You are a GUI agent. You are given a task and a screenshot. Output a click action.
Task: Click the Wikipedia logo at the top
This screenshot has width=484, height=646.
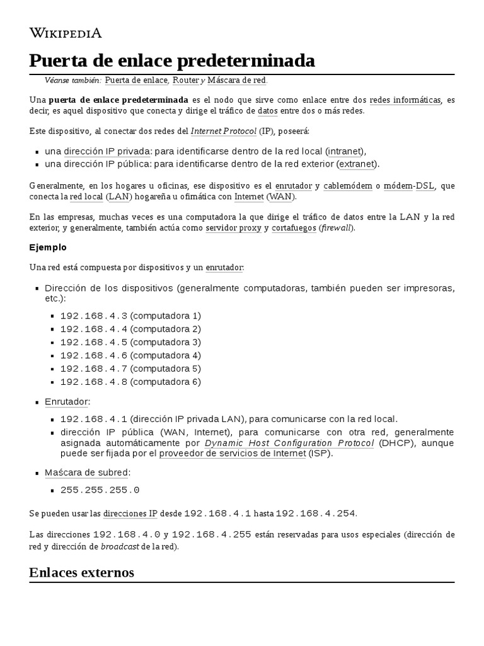[66, 33]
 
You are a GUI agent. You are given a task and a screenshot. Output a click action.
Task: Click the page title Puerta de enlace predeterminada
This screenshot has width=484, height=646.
[171, 61]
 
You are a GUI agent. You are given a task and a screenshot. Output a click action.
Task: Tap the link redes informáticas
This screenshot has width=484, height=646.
[405, 100]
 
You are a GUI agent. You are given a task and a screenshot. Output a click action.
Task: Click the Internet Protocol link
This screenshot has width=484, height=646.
[223, 131]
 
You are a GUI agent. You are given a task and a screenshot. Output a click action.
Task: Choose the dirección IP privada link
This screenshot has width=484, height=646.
[107, 151]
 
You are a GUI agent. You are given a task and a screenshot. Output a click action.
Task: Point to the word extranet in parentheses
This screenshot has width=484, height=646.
[357, 164]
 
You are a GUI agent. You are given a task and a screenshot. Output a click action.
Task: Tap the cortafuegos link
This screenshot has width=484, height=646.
[294, 228]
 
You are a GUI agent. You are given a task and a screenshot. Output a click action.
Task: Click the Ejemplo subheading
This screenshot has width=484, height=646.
[48, 247]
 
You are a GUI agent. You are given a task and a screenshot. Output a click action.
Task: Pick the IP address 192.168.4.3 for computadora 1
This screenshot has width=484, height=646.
[94, 315]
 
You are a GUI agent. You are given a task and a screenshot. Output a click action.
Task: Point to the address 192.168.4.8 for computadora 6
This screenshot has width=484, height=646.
[94, 382]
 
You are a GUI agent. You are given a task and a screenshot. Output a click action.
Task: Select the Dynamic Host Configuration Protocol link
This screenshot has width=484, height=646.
[289, 443]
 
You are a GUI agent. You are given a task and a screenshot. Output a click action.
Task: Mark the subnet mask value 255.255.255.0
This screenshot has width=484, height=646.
[100, 490]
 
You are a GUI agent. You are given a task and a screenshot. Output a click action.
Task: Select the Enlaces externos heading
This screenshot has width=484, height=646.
[81, 573]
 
